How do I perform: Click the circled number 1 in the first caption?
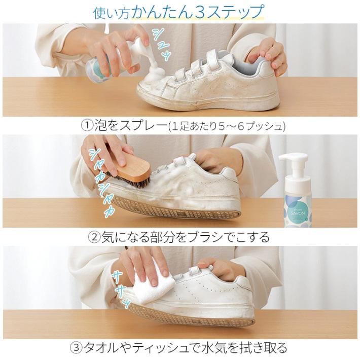coord(86,125)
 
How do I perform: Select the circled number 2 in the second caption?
coord(95,237)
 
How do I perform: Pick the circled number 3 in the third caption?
coord(76,348)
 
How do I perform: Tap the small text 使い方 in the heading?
coord(111,13)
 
